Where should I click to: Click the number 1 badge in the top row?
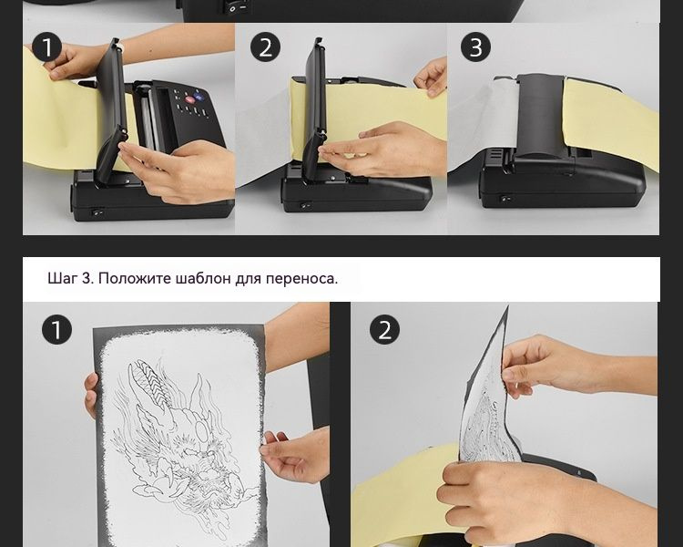[x=46, y=47]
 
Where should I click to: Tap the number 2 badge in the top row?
[x=265, y=47]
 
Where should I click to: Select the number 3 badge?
[x=475, y=47]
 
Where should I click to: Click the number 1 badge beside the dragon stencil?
[x=57, y=330]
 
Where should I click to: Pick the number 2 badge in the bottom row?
[x=384, y=330]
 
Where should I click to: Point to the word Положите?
[x=135, y=278]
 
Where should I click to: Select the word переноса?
[x=301, y=279]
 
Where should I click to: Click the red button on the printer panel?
[x=190, y=100]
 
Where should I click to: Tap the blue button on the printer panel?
[x=199, y=95]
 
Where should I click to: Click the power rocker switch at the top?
[x=236, y=7]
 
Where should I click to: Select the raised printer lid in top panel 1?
[x=109, y=110]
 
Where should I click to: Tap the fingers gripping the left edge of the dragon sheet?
[x=90, y=395]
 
